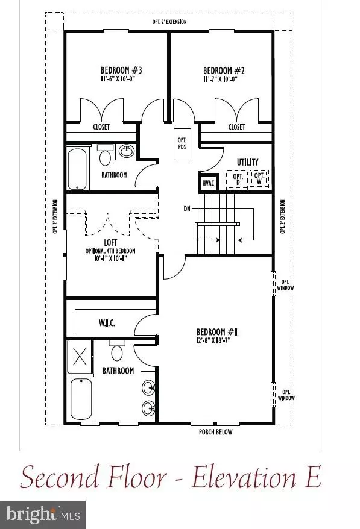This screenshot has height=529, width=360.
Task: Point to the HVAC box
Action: pyautogui.click(x=207, y=181)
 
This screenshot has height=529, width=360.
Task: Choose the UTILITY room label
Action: pyautogui.click(x=247, y=162)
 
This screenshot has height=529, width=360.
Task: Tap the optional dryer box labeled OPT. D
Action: pyautogui.click(x=237, y=179)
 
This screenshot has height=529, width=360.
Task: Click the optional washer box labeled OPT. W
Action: pyautogui.click(x=259, y=179)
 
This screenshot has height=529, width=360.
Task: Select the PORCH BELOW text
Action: pyautogui.click(x=215, y=432)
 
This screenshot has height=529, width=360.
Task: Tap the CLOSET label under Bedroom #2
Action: pyautogui.click(x=236, y=127)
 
